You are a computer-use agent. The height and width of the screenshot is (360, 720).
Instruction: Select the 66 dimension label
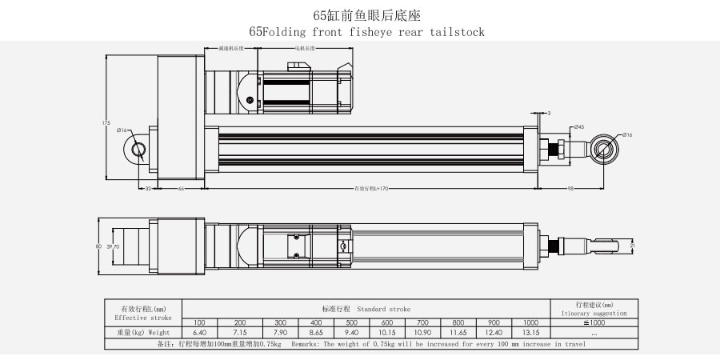[x=181, y=189]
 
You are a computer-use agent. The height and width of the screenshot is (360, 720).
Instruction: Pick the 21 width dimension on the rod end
[x=632, y=246]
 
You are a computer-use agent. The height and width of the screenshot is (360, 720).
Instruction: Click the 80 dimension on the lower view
[x=98, y=247]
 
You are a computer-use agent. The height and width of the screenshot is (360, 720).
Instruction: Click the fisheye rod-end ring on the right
[x=604, y=149]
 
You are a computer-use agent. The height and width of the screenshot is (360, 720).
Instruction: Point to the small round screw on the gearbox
[x=250, y=100]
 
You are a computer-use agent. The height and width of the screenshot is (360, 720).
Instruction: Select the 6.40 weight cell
[x=200, y=332]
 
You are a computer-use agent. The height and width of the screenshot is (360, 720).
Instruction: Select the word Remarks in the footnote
[x=304, y=344]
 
